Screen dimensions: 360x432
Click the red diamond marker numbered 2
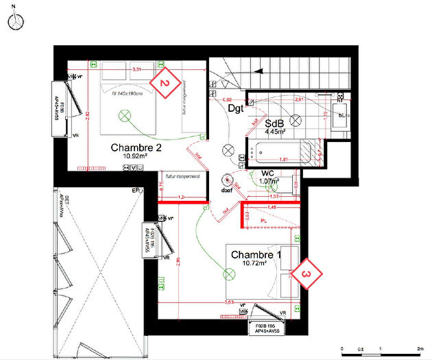coord(165,83)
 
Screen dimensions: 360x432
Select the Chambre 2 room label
coord(136,147)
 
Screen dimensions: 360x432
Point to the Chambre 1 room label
coord(256,254)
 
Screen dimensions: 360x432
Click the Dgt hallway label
coord(236,108)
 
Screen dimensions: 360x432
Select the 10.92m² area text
coord(136,156)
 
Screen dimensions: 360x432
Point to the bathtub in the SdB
coord(282,150)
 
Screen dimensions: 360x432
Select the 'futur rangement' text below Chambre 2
coord(179,176)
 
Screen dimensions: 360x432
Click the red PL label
coord(264,219)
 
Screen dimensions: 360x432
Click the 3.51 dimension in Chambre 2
coord(137,70)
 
